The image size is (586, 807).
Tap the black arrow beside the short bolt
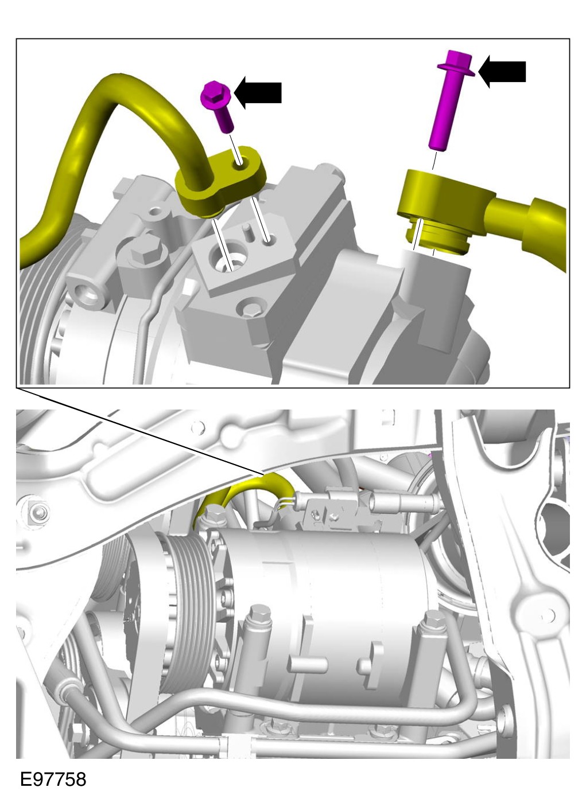(x=258, y=92)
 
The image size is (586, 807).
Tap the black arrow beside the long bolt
(x=502, y=72)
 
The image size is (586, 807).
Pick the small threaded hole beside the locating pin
(x=270, y=239)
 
